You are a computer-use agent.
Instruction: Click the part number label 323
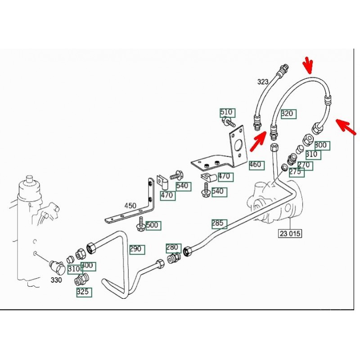(263, 81)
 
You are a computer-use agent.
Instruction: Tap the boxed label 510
(227, 112)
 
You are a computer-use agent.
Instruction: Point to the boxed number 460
(255, 165)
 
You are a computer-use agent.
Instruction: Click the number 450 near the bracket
(130, 206)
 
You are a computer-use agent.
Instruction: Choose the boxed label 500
(153, 225)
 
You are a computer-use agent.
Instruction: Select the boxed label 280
(173, 247)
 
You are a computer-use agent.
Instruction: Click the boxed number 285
(219, 223)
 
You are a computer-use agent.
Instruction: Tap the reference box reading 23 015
(290, 234)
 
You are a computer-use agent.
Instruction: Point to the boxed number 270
(305, 165)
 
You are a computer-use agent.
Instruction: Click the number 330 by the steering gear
(57, 280)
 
